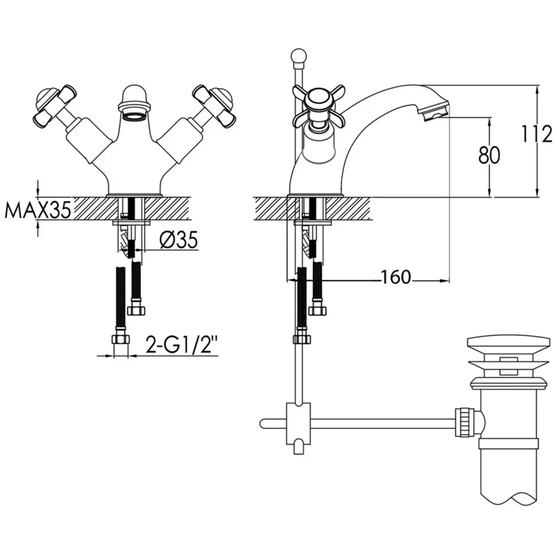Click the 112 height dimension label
536,134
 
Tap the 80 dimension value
489,155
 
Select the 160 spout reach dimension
395,277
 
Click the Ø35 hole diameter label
178,241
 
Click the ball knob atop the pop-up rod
297,57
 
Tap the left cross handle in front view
55,105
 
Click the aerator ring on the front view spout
134,116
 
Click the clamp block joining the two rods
297,423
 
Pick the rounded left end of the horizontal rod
263,424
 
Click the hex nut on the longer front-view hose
121,340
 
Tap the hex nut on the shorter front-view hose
136,310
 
